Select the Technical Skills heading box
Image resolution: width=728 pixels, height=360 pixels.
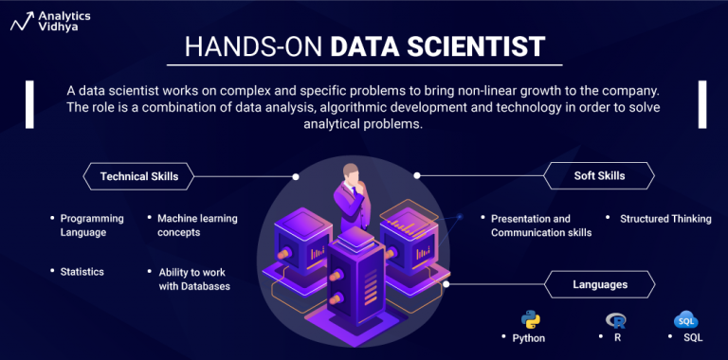[x=138, y=176]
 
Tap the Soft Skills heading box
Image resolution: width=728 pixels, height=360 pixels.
[x=599, y=176]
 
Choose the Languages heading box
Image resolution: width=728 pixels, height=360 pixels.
[x=599, y=283]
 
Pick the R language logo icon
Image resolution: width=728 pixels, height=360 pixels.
[x=616, y=319]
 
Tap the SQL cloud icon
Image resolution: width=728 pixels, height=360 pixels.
[x=684, y=319]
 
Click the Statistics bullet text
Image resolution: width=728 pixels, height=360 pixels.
[x=82, y=272]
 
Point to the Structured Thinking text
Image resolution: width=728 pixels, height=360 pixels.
[x=664, y=219]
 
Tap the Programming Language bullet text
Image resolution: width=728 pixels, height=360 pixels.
[x=84, y=225]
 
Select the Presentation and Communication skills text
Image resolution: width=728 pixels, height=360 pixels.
[x=540, y=225]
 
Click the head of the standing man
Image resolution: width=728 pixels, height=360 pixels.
[x=353, y=173]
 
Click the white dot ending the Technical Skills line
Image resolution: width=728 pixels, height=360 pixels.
[x=297, y=176]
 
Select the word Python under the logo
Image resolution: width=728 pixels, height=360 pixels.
[x=529, y=337]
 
